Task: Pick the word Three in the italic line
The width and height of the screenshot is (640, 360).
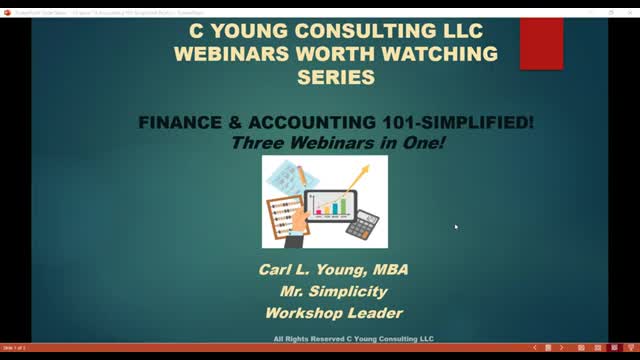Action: point(254,141)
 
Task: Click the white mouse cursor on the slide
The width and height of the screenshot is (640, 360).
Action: point(456,227)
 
